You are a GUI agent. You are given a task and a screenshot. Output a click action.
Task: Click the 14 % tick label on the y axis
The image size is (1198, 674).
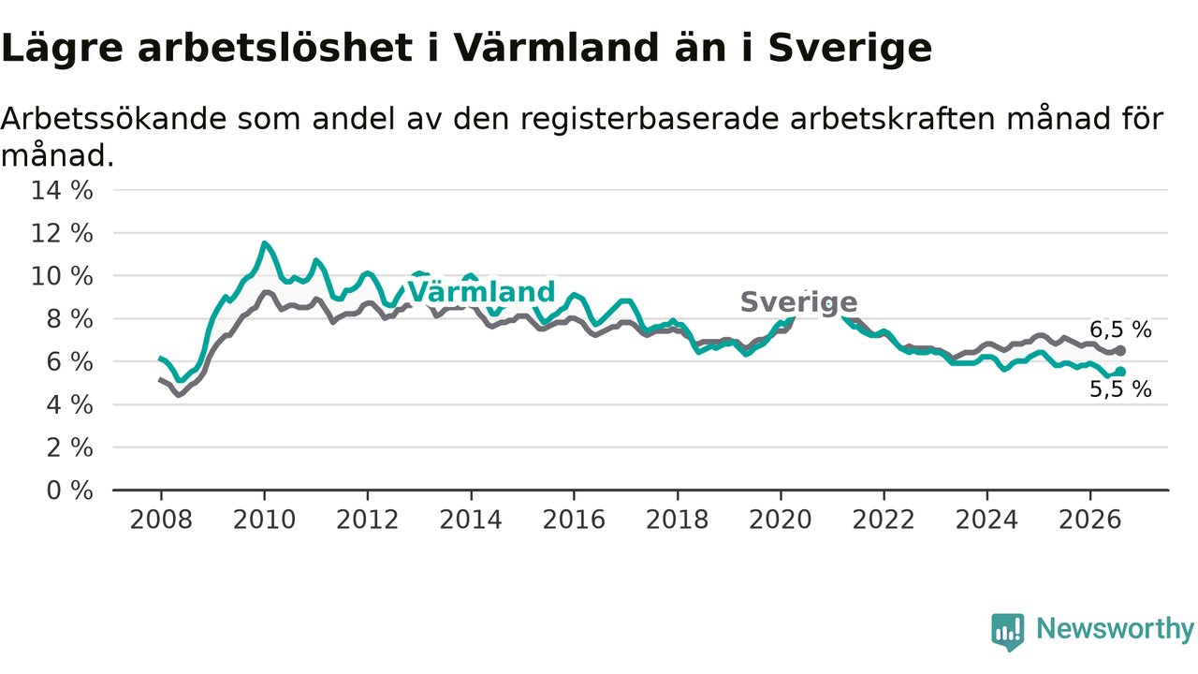point(62,190)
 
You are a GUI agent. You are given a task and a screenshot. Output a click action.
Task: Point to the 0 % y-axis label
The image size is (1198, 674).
point(70,491)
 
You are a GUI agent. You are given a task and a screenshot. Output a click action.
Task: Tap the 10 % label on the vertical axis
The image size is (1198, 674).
point(62,276)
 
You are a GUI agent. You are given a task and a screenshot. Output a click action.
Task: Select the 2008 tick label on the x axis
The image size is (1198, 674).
point(161,520)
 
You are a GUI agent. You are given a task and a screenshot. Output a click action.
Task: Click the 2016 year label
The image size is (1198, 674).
point(574,520)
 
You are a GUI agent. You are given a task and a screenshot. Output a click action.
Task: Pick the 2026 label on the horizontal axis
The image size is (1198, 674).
point(1090,520)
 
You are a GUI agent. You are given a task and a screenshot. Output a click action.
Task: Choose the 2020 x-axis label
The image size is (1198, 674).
point(781,520)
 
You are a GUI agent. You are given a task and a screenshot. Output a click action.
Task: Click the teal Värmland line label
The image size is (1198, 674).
point(481,292)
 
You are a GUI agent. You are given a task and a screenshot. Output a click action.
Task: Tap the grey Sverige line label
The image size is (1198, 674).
point(799,302)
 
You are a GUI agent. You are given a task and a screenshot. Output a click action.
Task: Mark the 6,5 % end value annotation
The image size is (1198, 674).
point(1121,330)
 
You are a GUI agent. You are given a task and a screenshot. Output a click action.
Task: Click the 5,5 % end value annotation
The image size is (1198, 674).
point(1121,389)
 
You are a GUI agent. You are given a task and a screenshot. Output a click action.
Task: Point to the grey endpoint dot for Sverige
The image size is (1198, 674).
point(1120,351)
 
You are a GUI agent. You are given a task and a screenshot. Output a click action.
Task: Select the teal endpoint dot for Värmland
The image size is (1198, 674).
point(1120,372)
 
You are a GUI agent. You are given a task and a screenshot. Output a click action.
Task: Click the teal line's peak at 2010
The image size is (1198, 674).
point(264,243)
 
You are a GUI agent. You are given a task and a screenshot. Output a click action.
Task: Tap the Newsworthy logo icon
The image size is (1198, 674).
point(1008,632)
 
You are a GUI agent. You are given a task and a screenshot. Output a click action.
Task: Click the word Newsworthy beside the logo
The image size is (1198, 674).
point(1116,628)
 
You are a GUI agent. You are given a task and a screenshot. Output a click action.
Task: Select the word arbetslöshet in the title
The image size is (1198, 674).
point(275,48)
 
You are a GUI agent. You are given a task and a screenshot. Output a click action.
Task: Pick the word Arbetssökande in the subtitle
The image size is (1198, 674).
point(114,119)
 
